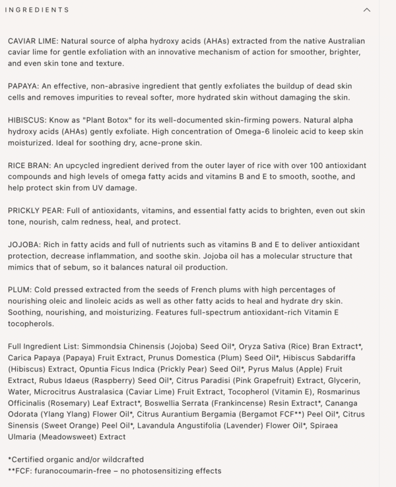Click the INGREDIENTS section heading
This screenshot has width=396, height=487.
pyautogui.click(x=37, y=10)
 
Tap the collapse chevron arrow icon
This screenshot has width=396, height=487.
pyautogui.click(x=367, y=10)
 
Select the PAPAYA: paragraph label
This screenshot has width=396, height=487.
pyautogui.click(x=23, y=86)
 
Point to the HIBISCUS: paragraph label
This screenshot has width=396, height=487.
pyautogui.click(x=27, y=121)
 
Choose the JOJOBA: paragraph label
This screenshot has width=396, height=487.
pyautogui.click(x=24, y=244)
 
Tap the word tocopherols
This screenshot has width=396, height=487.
pyautogui.click(x=32, y=324)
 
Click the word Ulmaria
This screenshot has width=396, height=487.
pyautogui.click(x=24, y=437)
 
